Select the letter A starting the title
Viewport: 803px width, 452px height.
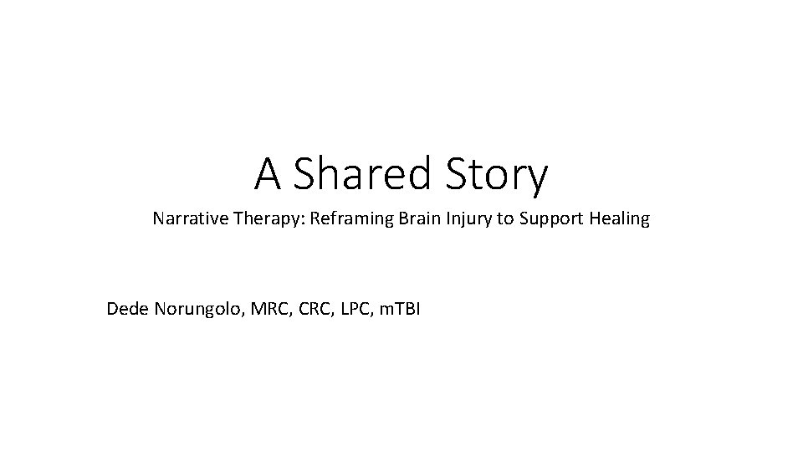pos(268,174)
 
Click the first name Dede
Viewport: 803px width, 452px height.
pos(125,310)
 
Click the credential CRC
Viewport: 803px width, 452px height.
pos(305,310)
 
